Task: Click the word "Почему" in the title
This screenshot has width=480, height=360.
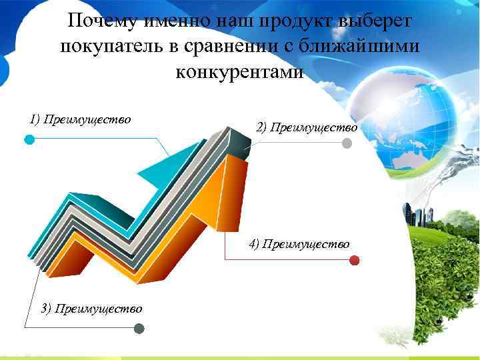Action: [x=99, y=21]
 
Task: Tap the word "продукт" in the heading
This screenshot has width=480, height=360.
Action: [x=297, y=21]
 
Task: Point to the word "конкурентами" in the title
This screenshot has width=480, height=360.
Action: [x=239, y=71]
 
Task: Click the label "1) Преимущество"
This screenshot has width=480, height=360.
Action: [x=80, y=119]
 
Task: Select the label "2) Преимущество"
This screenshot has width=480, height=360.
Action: [x=307, y=127]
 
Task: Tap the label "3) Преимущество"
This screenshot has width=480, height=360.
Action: [x=91, y=308]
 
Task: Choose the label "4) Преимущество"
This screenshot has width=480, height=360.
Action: [x=299, y=244]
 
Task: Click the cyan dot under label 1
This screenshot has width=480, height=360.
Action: [x=29, y=139]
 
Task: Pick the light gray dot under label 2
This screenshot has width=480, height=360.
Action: [x=347, y=143]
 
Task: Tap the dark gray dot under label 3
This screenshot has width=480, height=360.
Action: [x=139, y=328]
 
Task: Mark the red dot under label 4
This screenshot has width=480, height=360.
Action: [x=355, y=260]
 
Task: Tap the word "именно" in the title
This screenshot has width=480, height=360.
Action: [x=177, y=21]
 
